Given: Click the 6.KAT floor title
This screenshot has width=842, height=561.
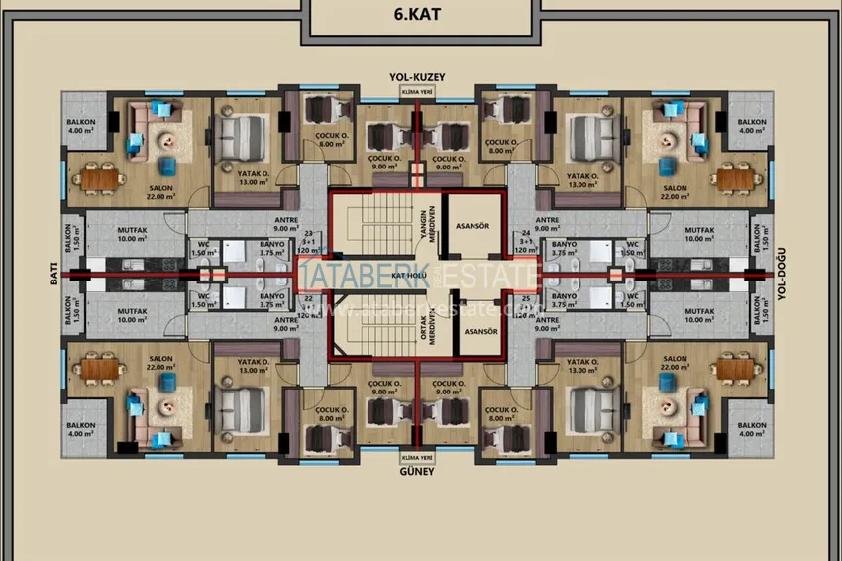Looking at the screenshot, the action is click(421, 17).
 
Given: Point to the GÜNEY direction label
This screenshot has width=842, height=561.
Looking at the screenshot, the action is click(417, 472).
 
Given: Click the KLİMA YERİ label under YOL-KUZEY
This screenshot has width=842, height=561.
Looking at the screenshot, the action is click(417, 91).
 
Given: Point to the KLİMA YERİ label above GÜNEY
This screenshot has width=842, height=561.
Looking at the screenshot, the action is click(417, 457).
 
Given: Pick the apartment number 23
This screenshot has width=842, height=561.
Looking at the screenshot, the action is click(308, 233).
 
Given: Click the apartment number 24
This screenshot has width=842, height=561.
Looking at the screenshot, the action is click(525, 233).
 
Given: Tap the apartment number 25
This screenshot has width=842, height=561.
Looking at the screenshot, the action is click(525, 298).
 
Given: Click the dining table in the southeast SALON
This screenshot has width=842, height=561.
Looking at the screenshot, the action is click(737, 369).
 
